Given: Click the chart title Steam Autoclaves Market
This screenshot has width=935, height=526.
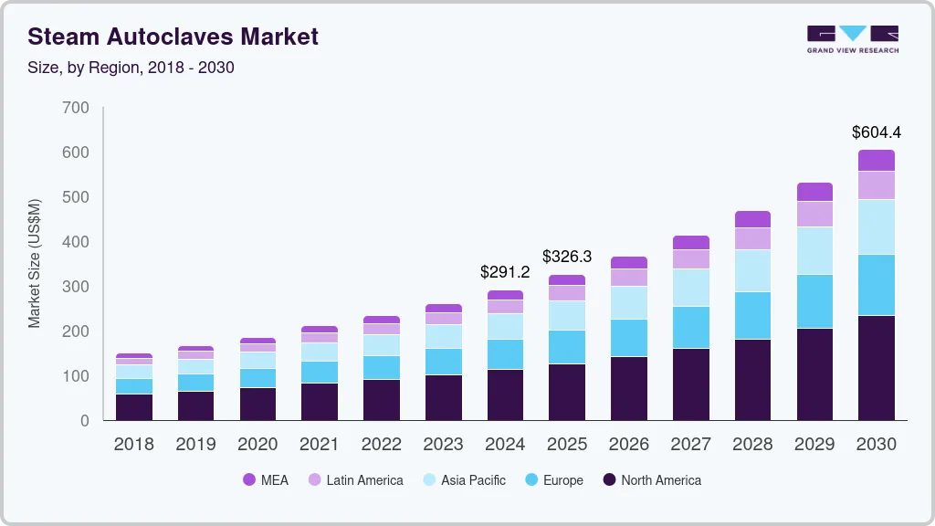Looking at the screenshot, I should click(173, 37).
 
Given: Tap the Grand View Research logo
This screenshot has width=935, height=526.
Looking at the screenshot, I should click(852, 39).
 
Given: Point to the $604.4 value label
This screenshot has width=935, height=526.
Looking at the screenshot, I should click(876, 132).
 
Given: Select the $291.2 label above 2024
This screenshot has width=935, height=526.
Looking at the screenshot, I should click(505, 272).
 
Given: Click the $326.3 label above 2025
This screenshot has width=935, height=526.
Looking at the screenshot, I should click(567, 257).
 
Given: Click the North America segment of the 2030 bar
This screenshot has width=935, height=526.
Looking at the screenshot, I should click(876, 367).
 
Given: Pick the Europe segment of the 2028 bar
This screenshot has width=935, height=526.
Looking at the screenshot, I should click(752, 315).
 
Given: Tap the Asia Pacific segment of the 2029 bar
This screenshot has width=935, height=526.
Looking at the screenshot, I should click(814, 250).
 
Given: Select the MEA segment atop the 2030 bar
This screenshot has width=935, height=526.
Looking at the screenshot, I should click(876, 160).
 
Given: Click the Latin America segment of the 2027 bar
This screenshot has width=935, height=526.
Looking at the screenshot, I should click(690, 258).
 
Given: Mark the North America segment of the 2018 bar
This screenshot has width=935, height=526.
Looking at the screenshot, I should click(134, 406).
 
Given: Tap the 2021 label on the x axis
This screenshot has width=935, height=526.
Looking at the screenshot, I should click(320, 445).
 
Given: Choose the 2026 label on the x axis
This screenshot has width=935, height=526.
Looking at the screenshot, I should click(628, 445).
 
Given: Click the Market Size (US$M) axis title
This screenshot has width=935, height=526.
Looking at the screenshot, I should click(35, 263).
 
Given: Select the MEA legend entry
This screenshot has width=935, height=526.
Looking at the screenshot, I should click(266, 480).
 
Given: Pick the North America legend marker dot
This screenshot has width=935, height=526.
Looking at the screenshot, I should click(609, 480).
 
